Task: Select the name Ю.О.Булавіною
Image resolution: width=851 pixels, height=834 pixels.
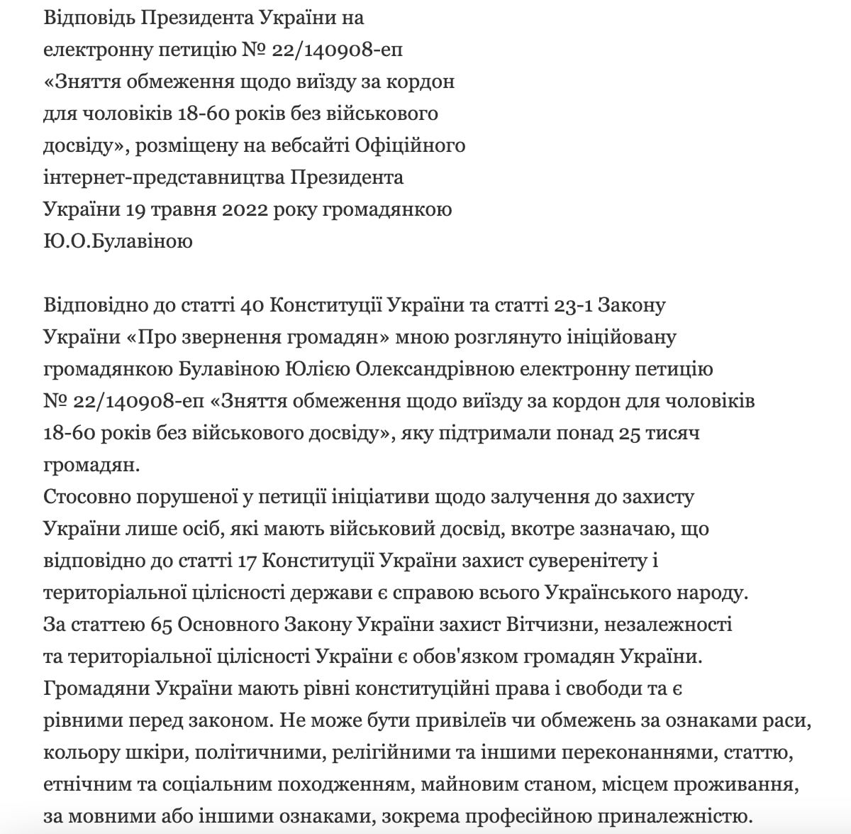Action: [x=118, y=241]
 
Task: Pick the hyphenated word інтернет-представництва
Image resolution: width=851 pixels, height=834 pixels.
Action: [x=165, y=177]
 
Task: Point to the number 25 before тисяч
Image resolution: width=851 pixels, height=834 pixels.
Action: [x=630, y=433]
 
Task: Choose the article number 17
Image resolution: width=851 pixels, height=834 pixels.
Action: [x=243, y=561]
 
